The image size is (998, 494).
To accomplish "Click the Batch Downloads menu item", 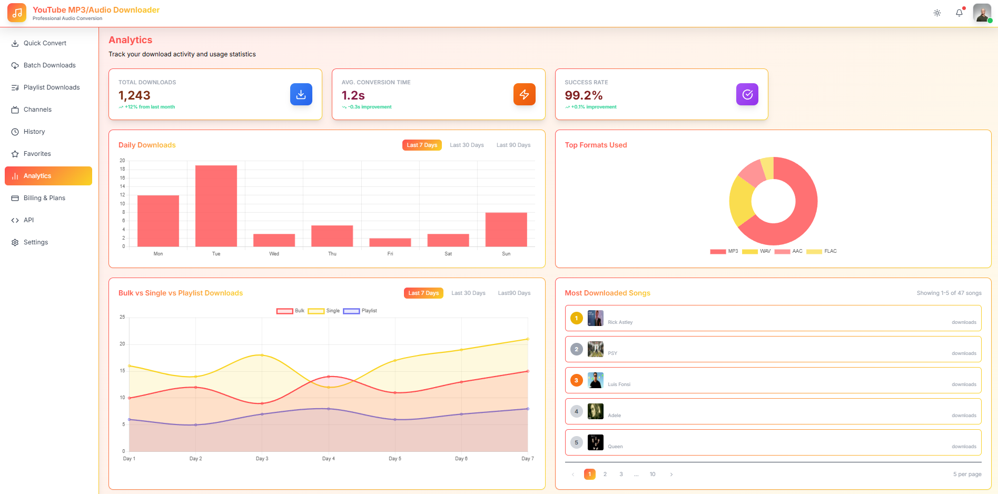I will coord(49,65).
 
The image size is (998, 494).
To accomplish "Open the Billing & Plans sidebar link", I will coord(44,198).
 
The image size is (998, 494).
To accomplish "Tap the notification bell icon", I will coord(959,13).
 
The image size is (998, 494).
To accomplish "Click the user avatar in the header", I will coord(982,13).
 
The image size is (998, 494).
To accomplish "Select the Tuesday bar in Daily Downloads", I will coord(216,206).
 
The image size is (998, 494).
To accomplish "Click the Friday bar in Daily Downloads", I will coord(390,242).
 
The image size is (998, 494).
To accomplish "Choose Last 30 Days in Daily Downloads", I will coord(467,145).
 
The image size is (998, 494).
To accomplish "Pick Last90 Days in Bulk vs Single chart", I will coord(514,293).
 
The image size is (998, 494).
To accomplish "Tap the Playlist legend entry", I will coord(360,311).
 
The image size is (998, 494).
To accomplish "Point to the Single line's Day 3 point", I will coord(262,355).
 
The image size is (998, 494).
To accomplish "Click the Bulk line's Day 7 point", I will coord(528,371).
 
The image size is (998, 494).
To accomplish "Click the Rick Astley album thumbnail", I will coord(595,318).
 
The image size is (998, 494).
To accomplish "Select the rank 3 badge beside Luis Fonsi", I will coord(577,380).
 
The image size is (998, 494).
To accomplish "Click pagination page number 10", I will coord(653,474).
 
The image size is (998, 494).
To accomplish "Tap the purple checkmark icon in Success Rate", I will coord(747,94).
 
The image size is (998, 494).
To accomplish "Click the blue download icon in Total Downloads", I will coord(301,94).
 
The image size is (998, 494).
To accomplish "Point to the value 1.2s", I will coord(353,95).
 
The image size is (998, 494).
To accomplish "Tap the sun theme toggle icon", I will coord(937,13).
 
